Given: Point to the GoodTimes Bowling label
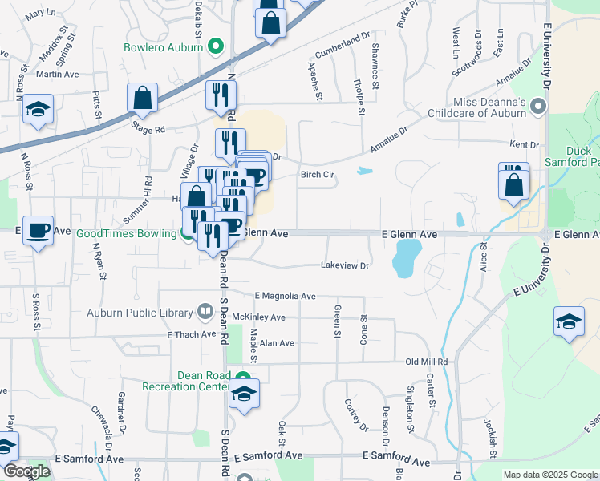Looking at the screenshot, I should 126,234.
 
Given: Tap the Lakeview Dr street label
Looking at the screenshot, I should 344,265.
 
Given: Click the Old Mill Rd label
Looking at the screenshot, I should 426,362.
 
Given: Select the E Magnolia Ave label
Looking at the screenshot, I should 285,296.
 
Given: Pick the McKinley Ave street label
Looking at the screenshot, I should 258,317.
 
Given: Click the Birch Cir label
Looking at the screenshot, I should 317,175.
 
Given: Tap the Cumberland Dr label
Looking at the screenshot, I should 342,45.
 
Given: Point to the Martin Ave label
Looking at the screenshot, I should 57,74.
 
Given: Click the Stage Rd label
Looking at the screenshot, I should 148,128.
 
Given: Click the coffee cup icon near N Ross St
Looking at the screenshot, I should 38,232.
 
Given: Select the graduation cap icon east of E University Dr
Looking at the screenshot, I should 569,323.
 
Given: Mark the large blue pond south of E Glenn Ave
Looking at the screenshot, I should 405,259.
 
